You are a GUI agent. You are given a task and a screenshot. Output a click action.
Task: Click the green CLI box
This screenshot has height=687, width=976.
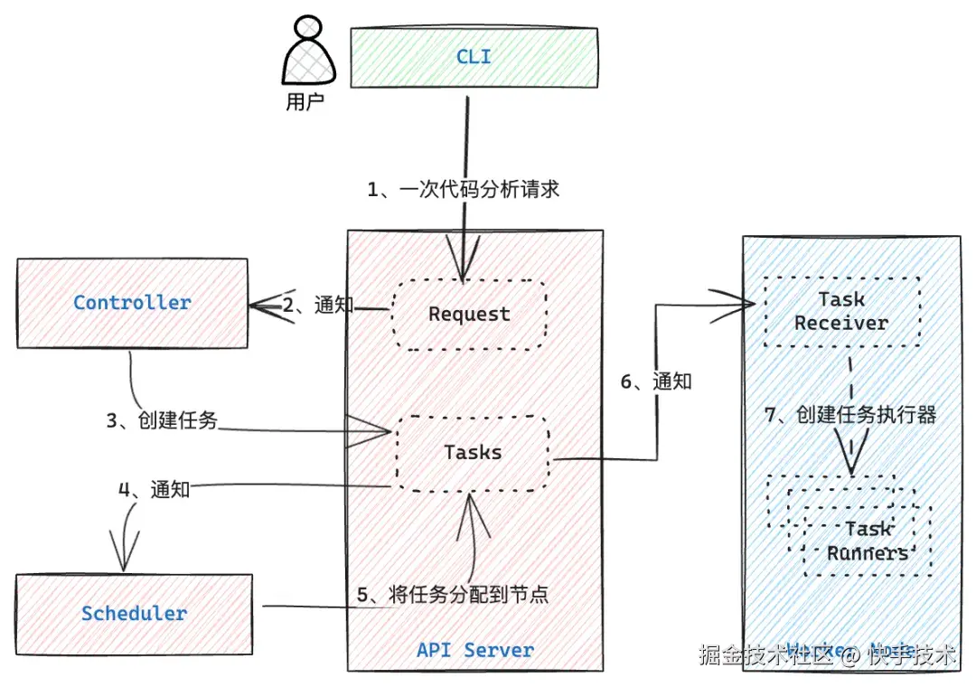click(x=474, y=57)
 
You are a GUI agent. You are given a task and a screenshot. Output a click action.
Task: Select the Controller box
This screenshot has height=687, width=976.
click(x=132, y=303)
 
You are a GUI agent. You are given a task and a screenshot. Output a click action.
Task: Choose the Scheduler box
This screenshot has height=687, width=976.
click(x=134, y=614)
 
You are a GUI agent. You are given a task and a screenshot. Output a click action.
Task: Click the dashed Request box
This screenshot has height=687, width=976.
click(x=469, y=314)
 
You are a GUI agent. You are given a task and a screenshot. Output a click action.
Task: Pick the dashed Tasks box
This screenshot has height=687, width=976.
click(x=472, y=452)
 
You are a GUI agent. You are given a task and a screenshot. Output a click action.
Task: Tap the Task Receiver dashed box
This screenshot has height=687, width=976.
click(x=841, y=311)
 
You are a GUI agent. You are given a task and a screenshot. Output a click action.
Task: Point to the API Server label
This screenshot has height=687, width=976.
click(x=475, y=650)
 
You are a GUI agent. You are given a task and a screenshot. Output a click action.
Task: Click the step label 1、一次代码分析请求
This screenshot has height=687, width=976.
click(x=463, y=189)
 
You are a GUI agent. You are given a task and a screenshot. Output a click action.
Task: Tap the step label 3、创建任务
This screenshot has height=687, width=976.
click(x=162, y=419)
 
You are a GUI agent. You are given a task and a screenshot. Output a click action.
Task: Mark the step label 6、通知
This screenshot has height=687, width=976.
click(x=655, y=381)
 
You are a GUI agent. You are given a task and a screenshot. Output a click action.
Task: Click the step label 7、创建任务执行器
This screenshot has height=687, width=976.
click(x=850, y=415)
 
